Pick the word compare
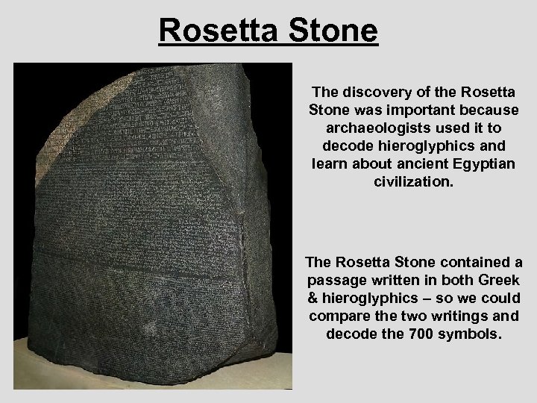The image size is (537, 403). [x=336, y=316]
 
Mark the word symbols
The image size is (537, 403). [x=477, y=332]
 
